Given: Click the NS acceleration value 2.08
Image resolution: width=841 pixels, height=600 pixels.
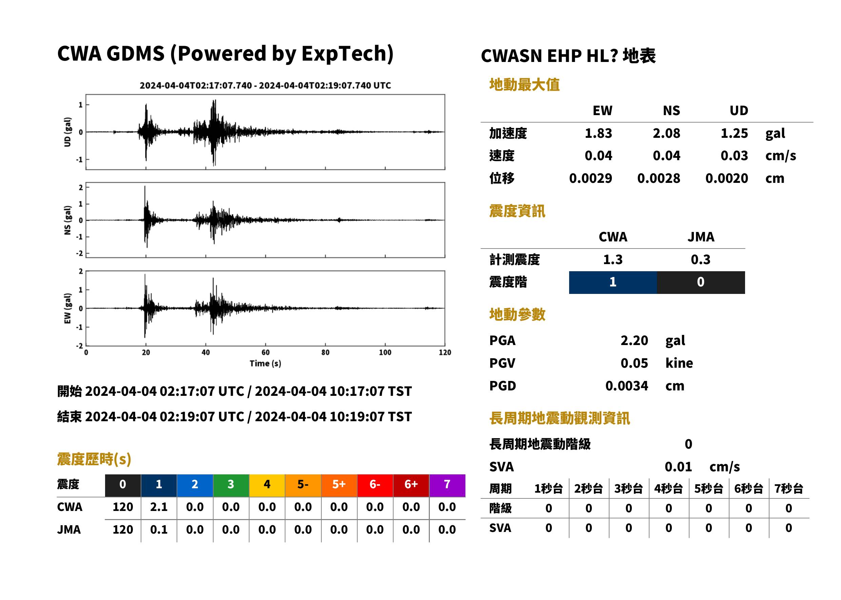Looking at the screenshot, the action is coord(666,133).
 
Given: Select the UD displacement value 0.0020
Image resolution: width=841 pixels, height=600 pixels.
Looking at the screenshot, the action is coord(726,178).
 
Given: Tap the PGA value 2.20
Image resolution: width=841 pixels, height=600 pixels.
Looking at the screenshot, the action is coord(634,340).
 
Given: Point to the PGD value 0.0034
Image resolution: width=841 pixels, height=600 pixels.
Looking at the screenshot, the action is coord(626,386).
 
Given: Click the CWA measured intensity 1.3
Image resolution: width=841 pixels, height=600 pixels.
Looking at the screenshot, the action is coord(613,259).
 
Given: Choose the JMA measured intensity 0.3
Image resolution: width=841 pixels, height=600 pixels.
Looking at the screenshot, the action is coord(700,259).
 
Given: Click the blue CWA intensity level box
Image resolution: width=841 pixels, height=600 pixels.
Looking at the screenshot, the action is coord(613,282).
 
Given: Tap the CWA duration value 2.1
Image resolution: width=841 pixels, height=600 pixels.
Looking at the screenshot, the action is coord(159,507).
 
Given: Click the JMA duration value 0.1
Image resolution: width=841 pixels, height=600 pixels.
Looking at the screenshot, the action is coord(159,530).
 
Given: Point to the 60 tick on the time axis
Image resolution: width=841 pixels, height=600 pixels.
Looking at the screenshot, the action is coord(265,352).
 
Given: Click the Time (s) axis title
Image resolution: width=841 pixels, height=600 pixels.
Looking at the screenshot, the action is coord(265,363).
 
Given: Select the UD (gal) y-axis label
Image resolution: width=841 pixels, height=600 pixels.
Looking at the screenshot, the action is coord(67,132).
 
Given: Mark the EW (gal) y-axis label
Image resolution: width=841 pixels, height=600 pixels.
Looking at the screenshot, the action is coord(67,308).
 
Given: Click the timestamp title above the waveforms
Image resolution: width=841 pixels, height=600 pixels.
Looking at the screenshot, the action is coord(265,85).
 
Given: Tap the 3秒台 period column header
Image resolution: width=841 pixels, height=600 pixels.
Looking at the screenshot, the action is coord(628,488).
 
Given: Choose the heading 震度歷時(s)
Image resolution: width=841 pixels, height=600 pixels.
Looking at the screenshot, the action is coord(94,459).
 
